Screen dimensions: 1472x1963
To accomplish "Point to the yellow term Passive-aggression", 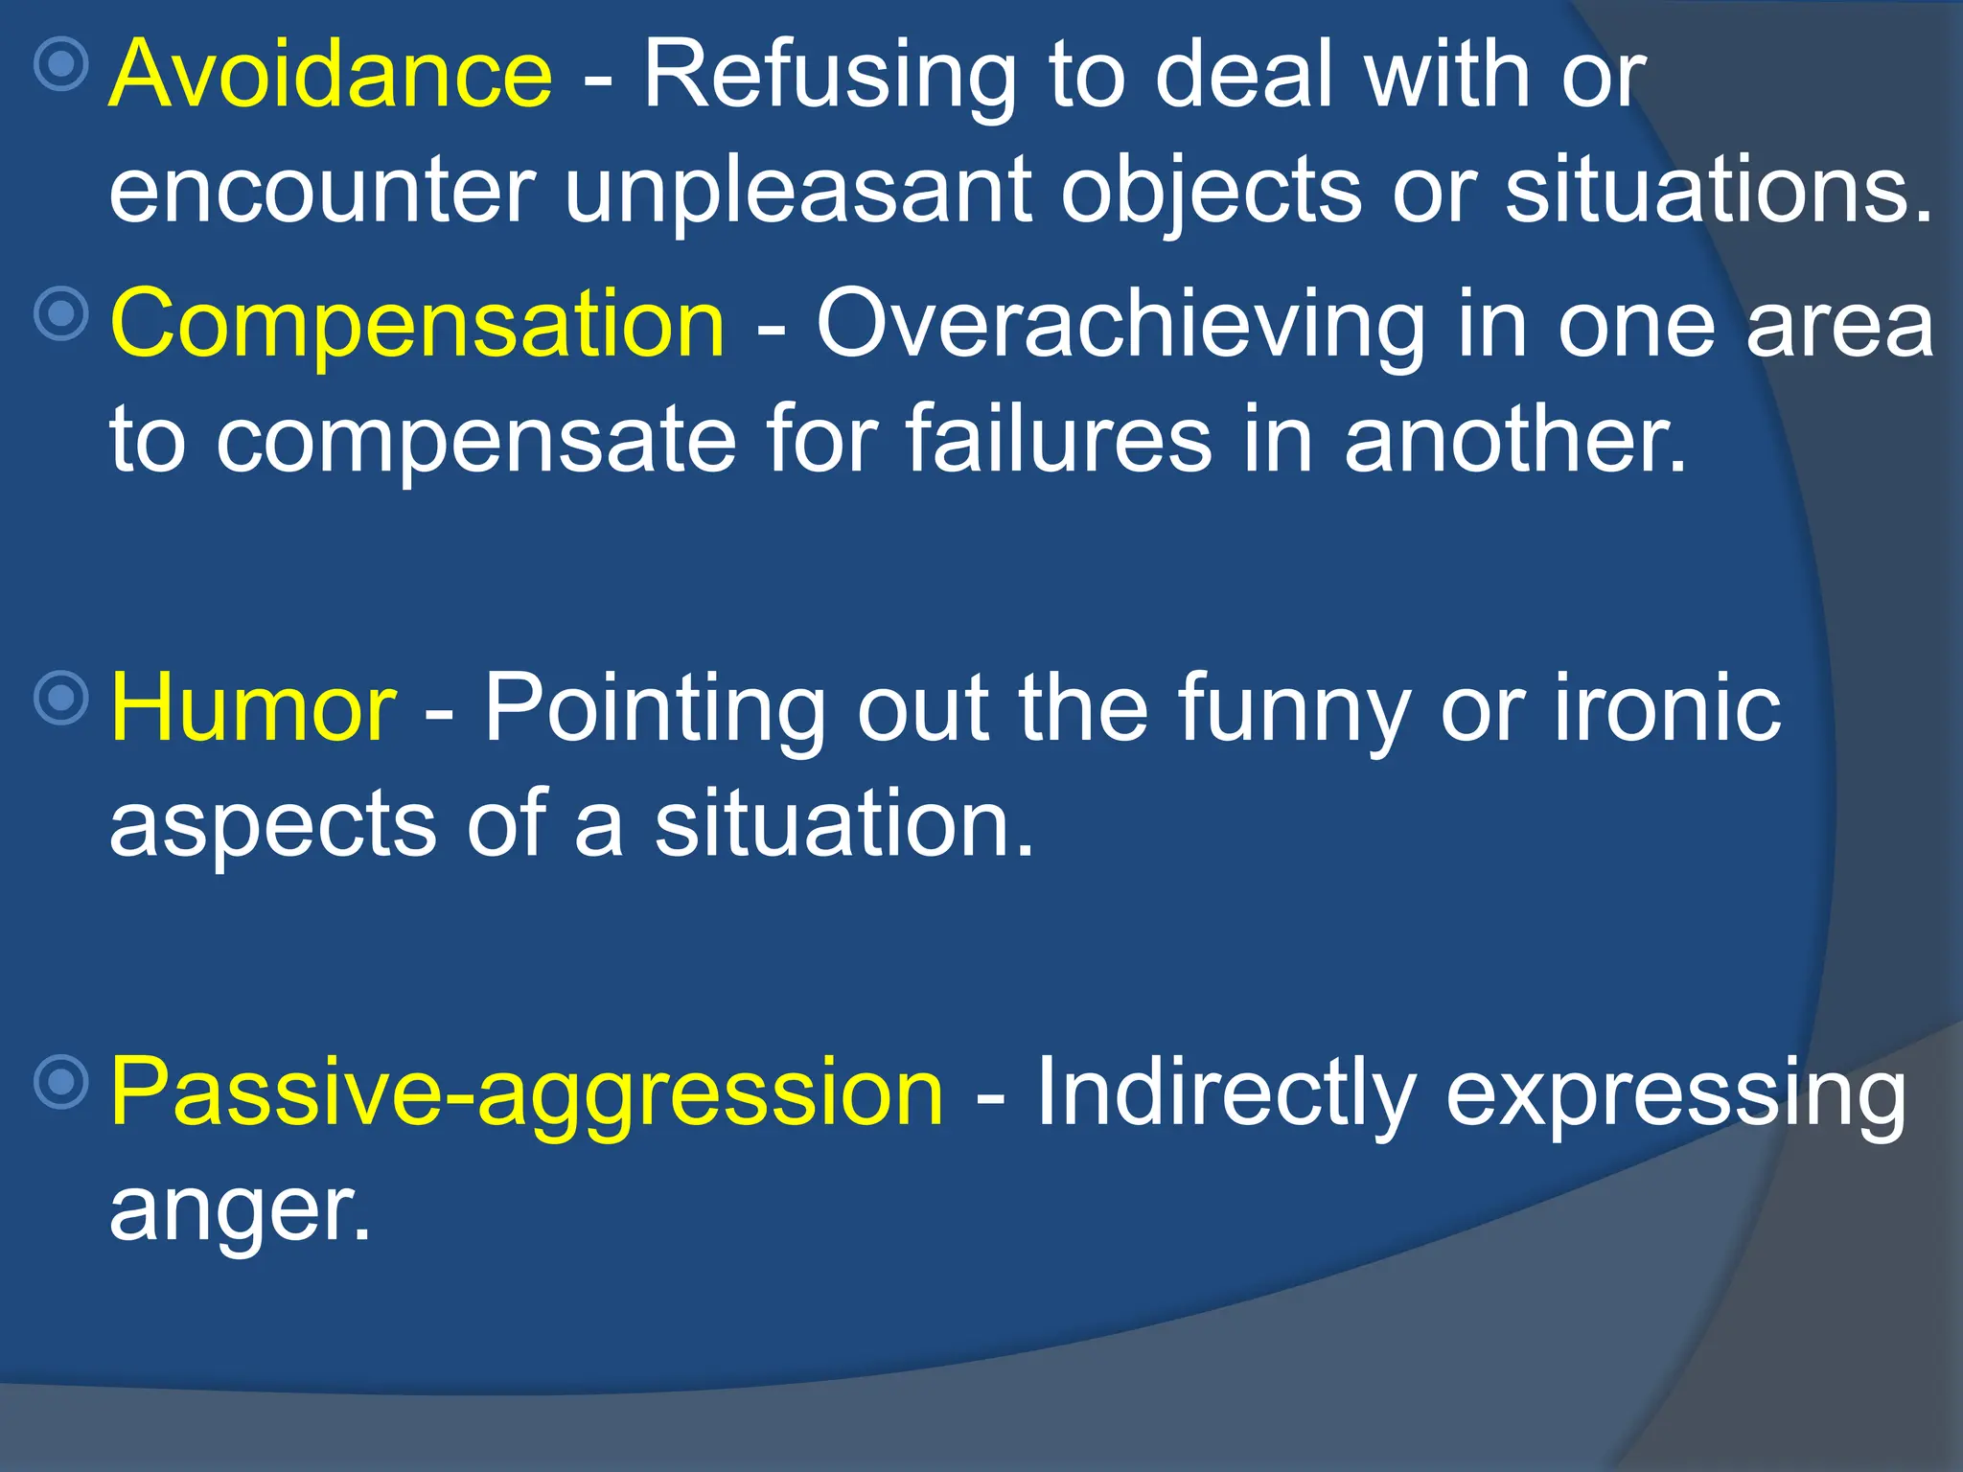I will click(x=527, y=1092).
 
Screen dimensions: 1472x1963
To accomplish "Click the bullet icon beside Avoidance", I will click(x=61, y=64).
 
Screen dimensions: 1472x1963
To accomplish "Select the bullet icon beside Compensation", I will click(x=61, y=313).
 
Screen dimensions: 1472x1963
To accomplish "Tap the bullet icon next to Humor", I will click(x=61, y=697).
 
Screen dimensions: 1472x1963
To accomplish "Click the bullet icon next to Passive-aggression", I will click(x=61, y=1082).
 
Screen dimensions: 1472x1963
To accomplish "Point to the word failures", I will click(x=1058, y=441).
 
